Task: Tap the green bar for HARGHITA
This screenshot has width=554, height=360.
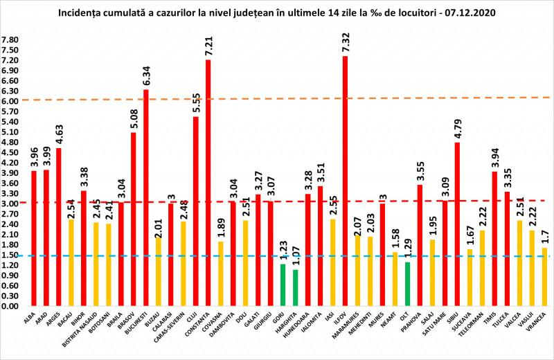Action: click(295, 287)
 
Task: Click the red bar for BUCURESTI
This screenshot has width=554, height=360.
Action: click(145, 197)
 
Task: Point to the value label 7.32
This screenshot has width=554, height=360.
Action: click(345, 42)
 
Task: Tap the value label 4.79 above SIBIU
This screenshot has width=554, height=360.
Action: click(457, 128)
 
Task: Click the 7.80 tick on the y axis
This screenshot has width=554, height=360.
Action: click(11, 40)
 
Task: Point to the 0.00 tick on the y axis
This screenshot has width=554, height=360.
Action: click(11, 305)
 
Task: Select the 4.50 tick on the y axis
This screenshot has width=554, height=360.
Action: click(11, 152)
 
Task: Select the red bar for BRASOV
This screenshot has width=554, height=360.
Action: click(133, 219)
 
